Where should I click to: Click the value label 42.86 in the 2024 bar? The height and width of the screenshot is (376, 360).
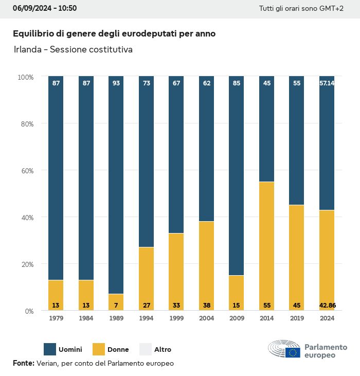click(327, 306)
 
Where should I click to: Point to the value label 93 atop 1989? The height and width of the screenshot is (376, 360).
click(116, 83)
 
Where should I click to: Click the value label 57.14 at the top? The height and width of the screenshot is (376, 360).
click(327, 83)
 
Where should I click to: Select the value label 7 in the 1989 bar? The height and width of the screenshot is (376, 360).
click(116, 306)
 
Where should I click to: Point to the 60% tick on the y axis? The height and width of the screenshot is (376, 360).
click(26, 171)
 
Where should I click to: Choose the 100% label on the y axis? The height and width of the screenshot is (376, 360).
click(25, 77)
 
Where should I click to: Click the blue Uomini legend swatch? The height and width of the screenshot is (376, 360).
click(50, 349)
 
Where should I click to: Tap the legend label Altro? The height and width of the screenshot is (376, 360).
click(163, 350)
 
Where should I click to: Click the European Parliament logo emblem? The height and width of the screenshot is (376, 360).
click(284, 350)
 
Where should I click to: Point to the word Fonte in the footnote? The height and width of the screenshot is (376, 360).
click(23, 363)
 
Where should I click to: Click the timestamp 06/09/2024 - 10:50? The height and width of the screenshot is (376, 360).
click(44, 9)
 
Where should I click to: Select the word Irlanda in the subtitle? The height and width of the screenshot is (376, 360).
click(27, 50)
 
